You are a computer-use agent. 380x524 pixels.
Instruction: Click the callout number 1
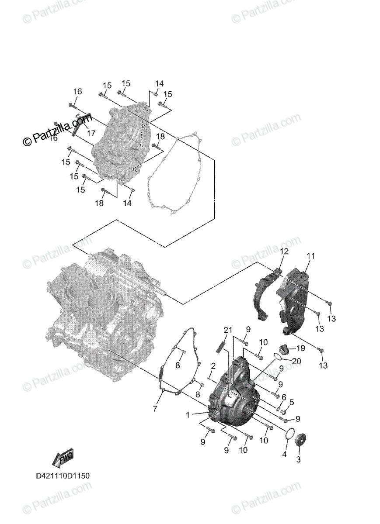click(188, 415)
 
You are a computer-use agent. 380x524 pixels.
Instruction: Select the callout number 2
click(213, 365)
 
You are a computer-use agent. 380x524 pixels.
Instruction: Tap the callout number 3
click(299, 459)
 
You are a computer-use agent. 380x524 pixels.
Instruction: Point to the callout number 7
click(155, 409)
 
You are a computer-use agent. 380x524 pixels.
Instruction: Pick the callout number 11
click(311, 256)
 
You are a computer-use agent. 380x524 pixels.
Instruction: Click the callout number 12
click(285, 252)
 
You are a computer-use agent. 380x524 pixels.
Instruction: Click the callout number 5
click(292, 402)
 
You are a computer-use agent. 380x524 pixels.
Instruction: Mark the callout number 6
click(284, 396)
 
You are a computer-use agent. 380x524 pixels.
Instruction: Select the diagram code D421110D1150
click(63, 476)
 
